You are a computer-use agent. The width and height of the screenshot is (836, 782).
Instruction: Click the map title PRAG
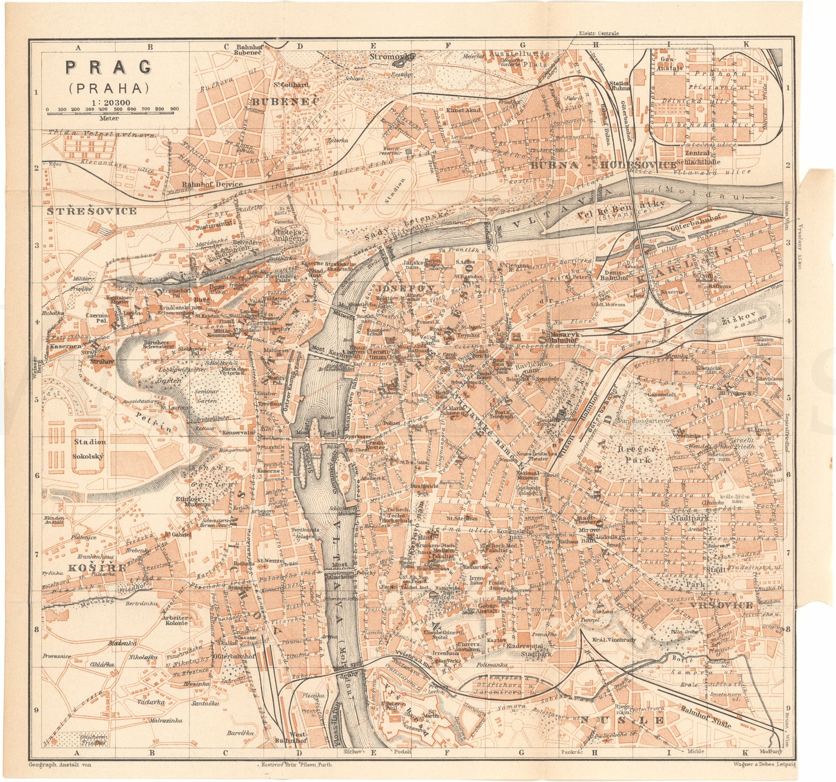tap(109, 67)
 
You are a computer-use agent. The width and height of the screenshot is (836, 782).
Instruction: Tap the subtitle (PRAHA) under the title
tap(109, 88)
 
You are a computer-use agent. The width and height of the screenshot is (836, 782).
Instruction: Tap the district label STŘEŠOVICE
tap(91, 211)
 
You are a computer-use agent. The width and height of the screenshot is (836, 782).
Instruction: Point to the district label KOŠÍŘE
tap(90, 567)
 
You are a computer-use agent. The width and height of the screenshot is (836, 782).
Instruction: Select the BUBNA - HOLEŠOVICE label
tap(603, 165)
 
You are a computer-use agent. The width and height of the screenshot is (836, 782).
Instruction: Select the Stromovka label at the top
tap(393, 57)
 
